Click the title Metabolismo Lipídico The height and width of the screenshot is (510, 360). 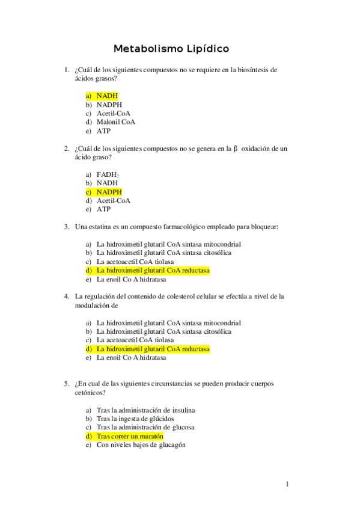171,48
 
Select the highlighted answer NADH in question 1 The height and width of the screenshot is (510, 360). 106,96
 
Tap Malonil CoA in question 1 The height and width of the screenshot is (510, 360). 115,121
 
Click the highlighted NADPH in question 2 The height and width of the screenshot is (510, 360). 109,192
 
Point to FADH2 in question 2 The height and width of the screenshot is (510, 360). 108,174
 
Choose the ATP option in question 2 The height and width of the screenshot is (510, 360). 103,209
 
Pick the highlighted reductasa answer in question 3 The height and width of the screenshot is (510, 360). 153,271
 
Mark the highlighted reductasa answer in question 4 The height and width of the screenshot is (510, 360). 153,349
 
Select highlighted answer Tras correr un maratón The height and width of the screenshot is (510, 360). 129,436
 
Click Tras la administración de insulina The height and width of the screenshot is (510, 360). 145,410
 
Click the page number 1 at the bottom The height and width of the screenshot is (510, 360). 287,484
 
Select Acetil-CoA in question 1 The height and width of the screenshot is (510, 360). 113,113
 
